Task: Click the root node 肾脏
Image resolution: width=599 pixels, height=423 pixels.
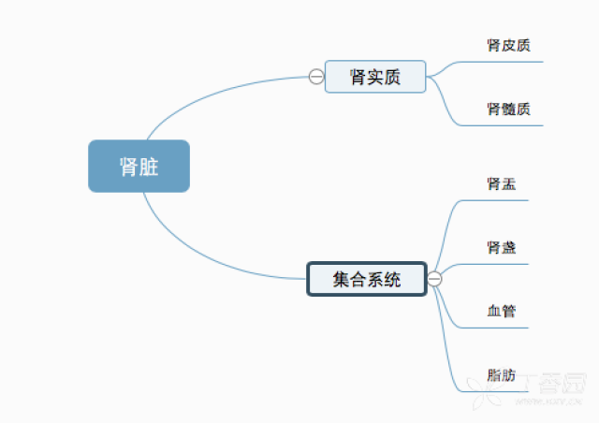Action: [x=139, y=167]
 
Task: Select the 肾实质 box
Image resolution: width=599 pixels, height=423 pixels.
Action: [x=375, y=77]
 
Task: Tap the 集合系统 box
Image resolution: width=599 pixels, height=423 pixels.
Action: [x=367, y=278]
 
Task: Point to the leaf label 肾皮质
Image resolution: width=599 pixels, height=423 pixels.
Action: [x=509, y=45]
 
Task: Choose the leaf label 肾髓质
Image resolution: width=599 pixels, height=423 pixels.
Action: [x=509, y=109]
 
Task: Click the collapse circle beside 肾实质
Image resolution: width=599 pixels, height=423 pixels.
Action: [x=316, y=77]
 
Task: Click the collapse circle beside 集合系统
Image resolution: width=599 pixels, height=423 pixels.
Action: [x=434, y=278]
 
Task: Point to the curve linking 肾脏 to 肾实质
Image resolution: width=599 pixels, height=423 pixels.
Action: [x=206, y=94]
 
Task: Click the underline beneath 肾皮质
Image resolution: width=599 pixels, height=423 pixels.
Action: [x=510, y=62]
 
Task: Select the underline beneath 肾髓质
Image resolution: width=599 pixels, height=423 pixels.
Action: [x=510, y=124]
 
